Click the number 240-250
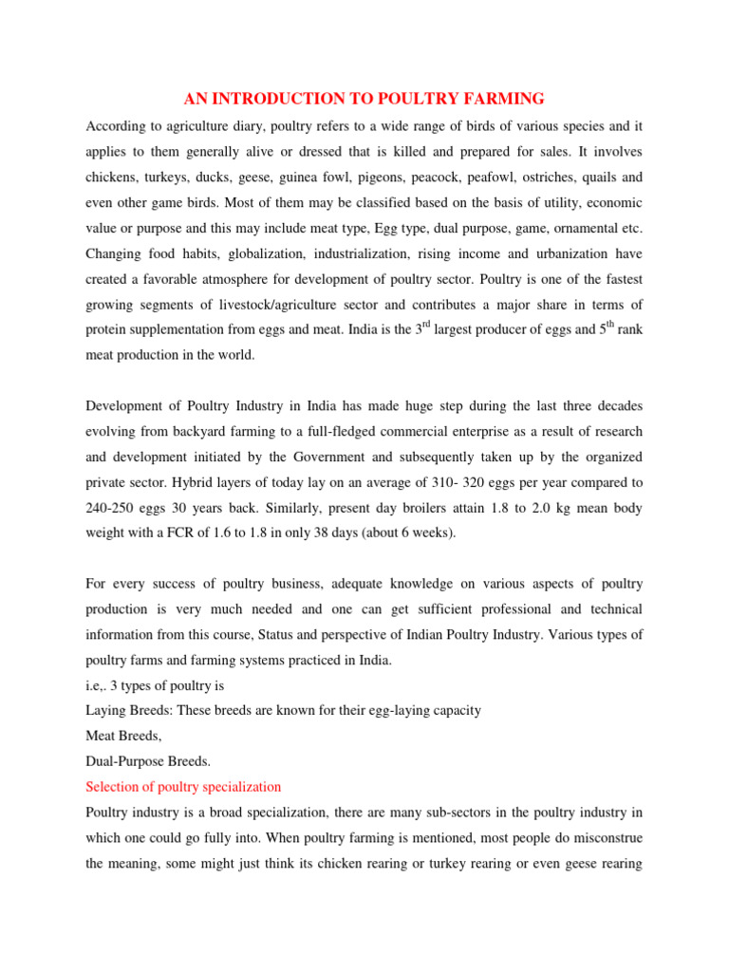pyautogui.click(x=114, y=508)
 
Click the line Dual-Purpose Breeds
pyautogui.click(x=149, y=761)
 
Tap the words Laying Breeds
pyautogui.click(x=126, y=710)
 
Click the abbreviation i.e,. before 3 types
pyautogui.click(x=97, y=684)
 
